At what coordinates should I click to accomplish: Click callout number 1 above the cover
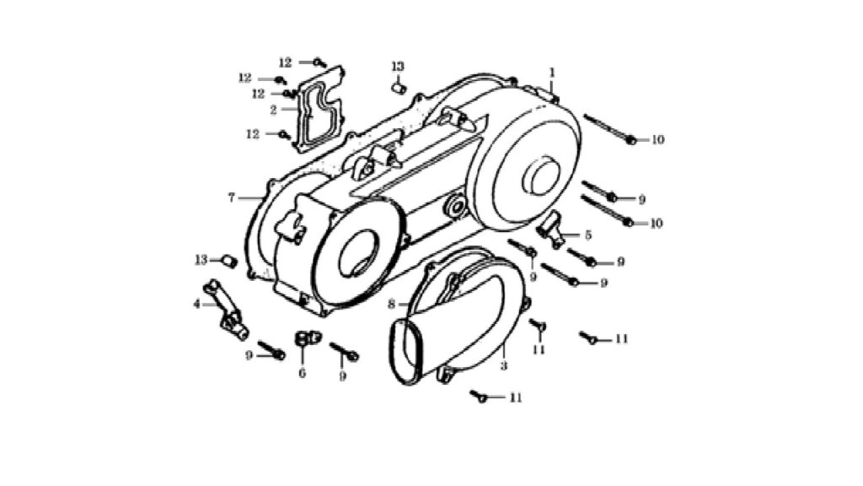[552, 73]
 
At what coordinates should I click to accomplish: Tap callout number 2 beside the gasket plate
[274, 111]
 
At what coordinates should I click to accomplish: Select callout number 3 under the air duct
[504, 365]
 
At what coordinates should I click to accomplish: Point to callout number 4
[196, 304]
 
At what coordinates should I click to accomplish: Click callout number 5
[587, 235]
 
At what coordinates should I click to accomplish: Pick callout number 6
[303, 373]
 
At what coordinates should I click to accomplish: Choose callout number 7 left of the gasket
[232, 197]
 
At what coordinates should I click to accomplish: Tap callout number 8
[391, 304]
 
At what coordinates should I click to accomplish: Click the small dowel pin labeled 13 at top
[398, 88]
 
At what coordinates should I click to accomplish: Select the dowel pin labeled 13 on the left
[229, 262]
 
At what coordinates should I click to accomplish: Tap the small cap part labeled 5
[552, 229]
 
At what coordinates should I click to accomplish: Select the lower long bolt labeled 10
[607, 210]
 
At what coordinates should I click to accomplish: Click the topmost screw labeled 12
[319, 62]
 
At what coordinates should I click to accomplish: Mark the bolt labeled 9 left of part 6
[272, 350]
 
